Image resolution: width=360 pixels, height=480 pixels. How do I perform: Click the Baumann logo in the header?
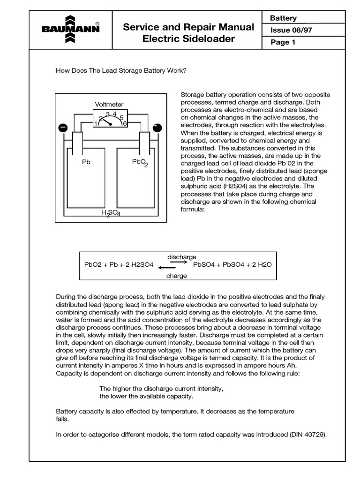coord(70,29)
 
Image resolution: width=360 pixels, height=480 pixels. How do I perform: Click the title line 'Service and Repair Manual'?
coord(188,27)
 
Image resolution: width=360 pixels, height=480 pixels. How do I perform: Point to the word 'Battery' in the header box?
coord(283,18)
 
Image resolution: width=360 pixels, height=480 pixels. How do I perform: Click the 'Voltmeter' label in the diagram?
coord(109,105)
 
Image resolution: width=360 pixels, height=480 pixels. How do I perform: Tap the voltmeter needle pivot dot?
coord(110,124)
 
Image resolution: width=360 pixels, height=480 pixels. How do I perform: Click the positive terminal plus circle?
coord(157,127)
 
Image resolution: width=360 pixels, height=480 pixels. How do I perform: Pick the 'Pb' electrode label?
coord(86,162)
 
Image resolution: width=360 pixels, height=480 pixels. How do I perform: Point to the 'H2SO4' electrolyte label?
coord(111,213)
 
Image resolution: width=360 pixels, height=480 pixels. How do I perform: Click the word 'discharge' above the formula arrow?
coord(182,257)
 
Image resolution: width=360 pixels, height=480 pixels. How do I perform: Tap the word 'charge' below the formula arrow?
coord(176,276)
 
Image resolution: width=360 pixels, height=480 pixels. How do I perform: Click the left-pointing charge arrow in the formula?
coord(167,268)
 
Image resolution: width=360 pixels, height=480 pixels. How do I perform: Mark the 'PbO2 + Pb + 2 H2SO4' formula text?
coord(119,265)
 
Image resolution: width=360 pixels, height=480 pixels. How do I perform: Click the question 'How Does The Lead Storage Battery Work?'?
coord(121,71)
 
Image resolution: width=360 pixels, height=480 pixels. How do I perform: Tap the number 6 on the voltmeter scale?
coord(125,123)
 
